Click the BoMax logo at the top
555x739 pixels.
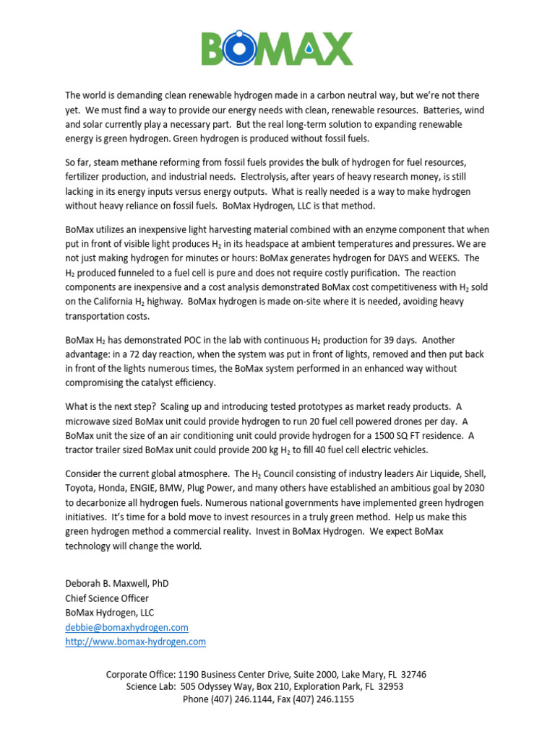[277, 48]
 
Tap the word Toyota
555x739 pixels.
[81, 488]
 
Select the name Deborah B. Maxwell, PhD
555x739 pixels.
[117, 583]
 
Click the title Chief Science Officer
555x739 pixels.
[107, 598]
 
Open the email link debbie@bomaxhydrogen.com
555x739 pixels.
[126, 627]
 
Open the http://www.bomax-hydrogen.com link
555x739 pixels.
[135, 642]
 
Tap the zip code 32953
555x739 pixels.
[389, 686]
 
